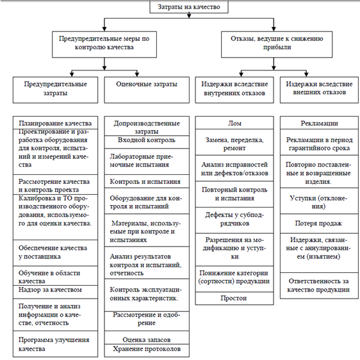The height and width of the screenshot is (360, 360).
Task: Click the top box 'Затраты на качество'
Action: tap(189, 7)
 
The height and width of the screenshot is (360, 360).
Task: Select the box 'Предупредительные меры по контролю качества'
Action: tap(104, 44)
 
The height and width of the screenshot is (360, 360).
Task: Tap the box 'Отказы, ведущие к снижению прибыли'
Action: tap(277, 44)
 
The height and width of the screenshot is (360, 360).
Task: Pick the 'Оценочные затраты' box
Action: tap(147, 90)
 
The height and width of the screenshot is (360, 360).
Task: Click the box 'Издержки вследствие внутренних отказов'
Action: tap(234, 90)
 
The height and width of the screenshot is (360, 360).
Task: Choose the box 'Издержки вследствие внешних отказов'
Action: tap(319, 90)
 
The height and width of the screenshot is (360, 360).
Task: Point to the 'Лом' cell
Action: tap(234, 122)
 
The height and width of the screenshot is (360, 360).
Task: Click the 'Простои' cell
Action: tap(234, 299)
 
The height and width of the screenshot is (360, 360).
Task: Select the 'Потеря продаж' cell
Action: tap(319, 224)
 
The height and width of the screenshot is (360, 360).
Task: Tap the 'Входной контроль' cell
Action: tap(147, 142)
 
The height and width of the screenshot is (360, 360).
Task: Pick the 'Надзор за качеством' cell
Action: tap(55, 292)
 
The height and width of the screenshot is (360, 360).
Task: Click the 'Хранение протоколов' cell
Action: tap(147, 350)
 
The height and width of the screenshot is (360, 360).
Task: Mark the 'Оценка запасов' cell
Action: tap(147, 338)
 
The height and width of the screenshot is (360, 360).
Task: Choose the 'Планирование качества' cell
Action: tap(55, 122)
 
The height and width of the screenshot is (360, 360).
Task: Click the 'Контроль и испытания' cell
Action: tap(147, 181)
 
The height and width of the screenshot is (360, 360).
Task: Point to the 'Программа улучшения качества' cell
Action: tap(55, 344)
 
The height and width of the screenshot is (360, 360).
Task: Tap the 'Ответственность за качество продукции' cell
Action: tap(319, 286)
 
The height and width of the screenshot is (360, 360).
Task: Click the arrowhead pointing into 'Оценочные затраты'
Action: tap(137, 74)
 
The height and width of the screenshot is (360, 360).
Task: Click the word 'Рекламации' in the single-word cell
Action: tap(319, 123)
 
